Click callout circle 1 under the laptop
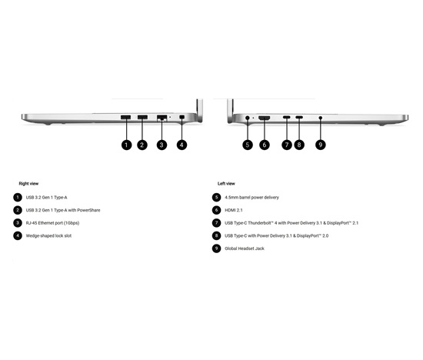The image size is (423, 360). pos(127,145)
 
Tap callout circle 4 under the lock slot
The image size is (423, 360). pos(182,145)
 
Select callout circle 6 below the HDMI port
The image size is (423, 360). pos(265,145)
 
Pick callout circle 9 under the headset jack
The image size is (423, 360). pos(321,145)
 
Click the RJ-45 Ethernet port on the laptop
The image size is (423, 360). pos(162,118)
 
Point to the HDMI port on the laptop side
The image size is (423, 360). pos(265,118)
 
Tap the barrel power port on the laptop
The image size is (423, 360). pos(248,118)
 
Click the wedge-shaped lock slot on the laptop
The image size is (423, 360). pos(182,117)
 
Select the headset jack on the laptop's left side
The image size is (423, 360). pos(321,118)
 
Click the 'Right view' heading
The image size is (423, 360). pos(28,184)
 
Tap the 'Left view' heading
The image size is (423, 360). pos(226,184)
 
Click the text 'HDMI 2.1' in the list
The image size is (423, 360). pos(234,210)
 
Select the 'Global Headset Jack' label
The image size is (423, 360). pos(245,248)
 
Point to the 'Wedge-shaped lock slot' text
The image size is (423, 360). pos(48,235)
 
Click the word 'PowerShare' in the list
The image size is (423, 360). pos(88,210)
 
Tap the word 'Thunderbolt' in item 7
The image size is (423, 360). pos(259,223)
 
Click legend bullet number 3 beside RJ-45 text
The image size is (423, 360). pos(18,223)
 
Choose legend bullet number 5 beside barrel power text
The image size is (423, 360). pos(216,197)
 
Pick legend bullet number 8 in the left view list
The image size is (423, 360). pos(216,235)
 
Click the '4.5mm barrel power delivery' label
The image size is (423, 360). pos(251,197)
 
